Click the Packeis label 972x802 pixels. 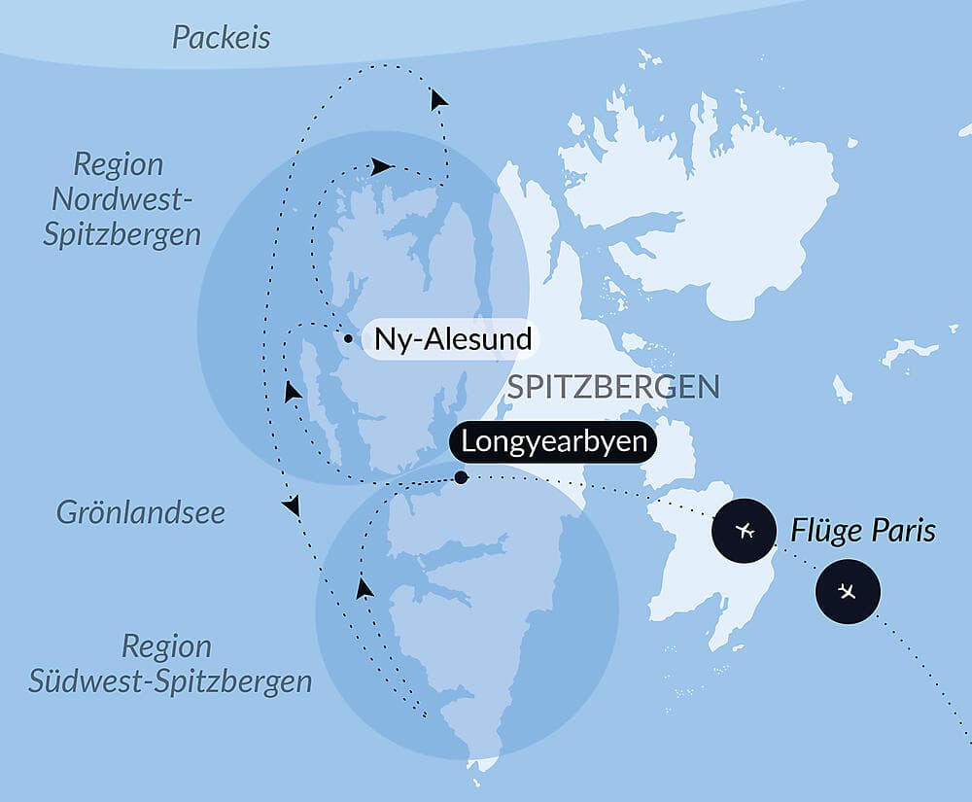coord(222,38)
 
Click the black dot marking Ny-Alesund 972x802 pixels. coord(347,339)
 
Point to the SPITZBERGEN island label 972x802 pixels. coord(612,387)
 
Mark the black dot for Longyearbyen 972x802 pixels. coord(461,477)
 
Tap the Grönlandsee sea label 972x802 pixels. coord(140,512)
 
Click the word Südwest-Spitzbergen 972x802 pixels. coord(170,680)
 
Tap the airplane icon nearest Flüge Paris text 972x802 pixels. coord(746,531)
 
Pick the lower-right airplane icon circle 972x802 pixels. coord(848,591)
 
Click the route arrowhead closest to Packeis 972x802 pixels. coord(439,99)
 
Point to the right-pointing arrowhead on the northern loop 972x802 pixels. coord(382,166)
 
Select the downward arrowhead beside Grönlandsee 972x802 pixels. coord(291,506)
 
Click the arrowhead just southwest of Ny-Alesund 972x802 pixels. coord(291,392)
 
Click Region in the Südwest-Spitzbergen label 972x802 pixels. coord(166,646)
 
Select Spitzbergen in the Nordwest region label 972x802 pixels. coord(122,234)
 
